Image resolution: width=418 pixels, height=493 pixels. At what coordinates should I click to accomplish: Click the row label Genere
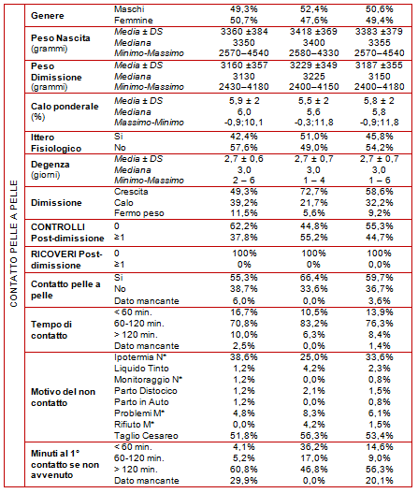click(x=47, y=15)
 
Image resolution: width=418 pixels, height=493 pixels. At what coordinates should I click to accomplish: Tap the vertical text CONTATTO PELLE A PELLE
click(x=13, y=243)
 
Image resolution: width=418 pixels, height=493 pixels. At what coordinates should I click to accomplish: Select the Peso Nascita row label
click(x=61, y=43)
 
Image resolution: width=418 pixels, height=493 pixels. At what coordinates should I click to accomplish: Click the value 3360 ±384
click(x=244, y=32)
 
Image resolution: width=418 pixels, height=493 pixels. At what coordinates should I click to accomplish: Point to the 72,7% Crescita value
click(x=313, y=192)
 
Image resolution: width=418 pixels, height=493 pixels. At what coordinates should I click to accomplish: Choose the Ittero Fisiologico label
click(x=56, y=143)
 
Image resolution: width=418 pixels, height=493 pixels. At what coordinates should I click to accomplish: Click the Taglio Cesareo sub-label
click(x=146, y=435)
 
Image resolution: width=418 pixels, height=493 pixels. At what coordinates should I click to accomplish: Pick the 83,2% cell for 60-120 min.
click(x=313, y=324)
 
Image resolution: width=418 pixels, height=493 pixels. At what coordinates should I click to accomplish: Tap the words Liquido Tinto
click(x=141, y=369)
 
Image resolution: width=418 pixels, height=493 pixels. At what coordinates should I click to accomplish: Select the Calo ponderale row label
click(x=65, y=111)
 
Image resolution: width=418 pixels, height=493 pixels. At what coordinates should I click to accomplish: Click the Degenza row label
click(x=50, y=169)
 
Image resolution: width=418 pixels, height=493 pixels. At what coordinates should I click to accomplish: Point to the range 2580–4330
click(x=313, y=52)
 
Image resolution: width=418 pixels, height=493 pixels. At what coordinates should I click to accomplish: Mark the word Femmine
click(x=134, y=21)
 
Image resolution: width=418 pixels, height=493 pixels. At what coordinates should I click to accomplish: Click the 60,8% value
click(x=244, y=469)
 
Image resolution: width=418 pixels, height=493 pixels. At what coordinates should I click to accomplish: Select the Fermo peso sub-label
click(x=139, y=213)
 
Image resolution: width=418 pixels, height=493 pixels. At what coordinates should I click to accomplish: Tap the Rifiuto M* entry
click(x=135, y=424)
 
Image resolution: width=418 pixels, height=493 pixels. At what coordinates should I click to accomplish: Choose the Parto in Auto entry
click(x=141, y=402)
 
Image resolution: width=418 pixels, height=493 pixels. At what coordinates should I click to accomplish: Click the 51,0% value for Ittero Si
click(x=313, y=137)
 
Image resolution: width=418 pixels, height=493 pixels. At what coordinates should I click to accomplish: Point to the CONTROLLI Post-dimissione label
click(x=67, y=233)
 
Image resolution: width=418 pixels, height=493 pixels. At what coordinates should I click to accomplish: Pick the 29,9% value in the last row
click(x=244, y=481)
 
